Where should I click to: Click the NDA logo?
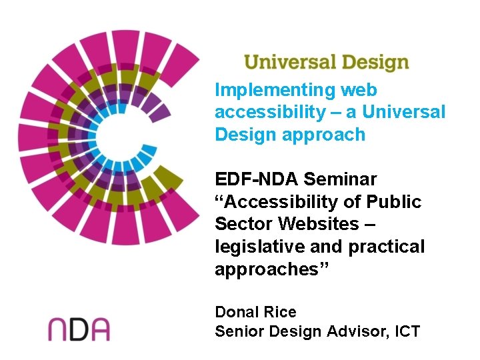[x=79, y=329]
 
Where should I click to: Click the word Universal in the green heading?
[x=287, y=63]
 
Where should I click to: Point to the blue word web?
[x=359, y=90]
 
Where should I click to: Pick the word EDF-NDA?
[x=256, y=179]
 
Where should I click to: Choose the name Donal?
[x=237, y=312]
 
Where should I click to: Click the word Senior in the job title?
[x=238, y=331]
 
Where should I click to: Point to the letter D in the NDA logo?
[x=79, y=329]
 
